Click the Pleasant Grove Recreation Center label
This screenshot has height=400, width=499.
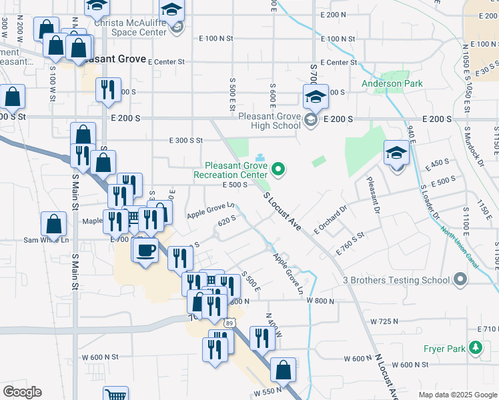(x=230, y=170)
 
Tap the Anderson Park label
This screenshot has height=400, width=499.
(x=392, y=84)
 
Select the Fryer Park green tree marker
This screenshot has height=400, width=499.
(x=474, y=348)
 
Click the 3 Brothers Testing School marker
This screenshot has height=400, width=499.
(x=459, y=280)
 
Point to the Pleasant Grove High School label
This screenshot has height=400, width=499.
(x=270, y=120)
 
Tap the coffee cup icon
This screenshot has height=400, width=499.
(x=145, y=251)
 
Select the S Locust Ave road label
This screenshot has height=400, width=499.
(x=282, y=213)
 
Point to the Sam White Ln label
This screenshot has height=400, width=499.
(x=46, y=240)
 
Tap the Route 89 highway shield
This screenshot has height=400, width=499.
(x=229, y=323)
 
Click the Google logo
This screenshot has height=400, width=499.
(x=22, y=392)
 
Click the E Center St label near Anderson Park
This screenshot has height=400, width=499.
(x=341, y=63)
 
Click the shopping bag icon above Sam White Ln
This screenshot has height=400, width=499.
(x=53, y=225)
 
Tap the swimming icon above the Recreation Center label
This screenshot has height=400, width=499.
(x=259, y=157)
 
